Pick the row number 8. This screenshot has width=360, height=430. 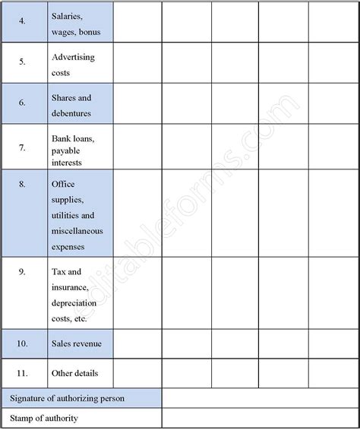point(21,183)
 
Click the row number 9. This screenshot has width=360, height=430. point(21,271)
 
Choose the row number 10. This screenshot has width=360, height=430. point(21,344)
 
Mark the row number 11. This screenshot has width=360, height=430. point(21,374)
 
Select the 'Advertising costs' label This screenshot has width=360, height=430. point(74,65)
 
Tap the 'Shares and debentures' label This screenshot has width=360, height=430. point(71,106)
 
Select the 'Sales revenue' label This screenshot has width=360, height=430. point(77,344)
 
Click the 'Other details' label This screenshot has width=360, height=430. point(74,374)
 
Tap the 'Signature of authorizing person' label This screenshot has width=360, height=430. point(67,398)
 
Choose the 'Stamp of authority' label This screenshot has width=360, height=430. point(44,419)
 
